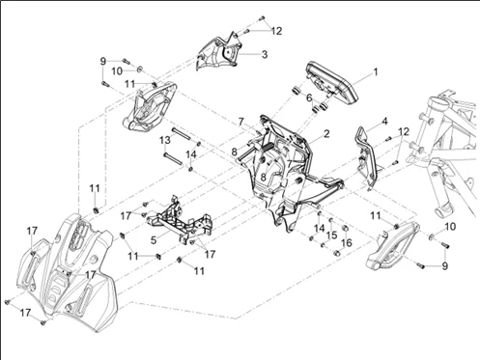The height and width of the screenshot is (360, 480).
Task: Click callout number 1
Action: [x=376, y=71]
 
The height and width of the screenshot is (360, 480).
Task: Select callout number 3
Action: [x=265, y=54]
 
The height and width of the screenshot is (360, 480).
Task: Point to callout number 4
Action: [x=383, y=122]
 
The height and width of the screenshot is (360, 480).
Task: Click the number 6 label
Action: [x=309, y=97]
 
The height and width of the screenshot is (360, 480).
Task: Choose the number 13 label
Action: [x=165, y=140]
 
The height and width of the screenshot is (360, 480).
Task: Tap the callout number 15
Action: [x=331, y=235]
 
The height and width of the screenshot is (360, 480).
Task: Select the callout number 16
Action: [x=347, y=242]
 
